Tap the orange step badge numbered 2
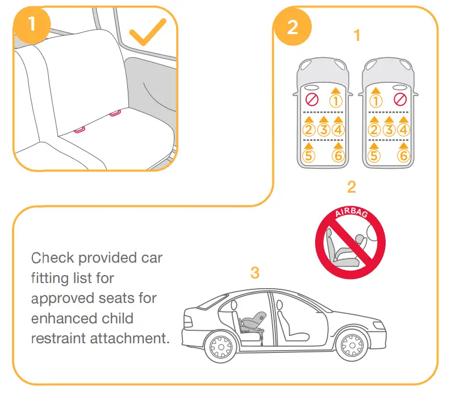click(292, 26)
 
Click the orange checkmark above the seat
click(147, 34)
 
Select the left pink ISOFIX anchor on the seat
click(80, 130)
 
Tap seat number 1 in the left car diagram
click(336, 101)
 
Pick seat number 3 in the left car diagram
click(324, 130)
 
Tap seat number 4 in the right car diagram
click(403, 130)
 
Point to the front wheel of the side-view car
click(349, 345)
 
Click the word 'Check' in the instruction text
click(52, 258)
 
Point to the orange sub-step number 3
click(255, 273)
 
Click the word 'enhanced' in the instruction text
click(64, 318)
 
